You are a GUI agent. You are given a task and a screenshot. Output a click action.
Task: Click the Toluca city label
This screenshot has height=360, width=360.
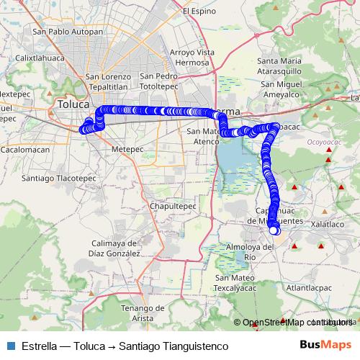pyautogui.click(x=73, y=104)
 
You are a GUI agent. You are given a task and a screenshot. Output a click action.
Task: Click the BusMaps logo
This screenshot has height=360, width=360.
pyautogui.click(x=325, y=346)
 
